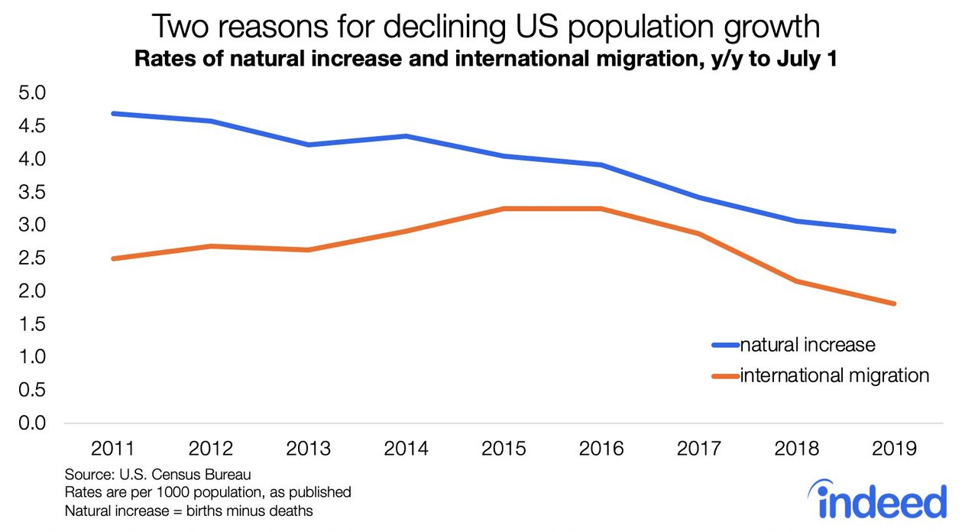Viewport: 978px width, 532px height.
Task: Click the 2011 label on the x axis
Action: click(x=113, y=449)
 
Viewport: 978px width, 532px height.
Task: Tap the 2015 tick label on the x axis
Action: click(x=504, y=449)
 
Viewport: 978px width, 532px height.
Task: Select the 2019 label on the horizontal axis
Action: click(x=893, y=449)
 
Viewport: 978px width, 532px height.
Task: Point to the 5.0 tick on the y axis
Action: click(x=31, y=93)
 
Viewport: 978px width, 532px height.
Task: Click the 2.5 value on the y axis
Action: click(x=31, y=258)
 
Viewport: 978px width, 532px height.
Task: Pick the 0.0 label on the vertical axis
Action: click(x=31, y=423)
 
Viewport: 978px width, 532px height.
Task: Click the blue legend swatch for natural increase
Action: click(x=725, y=345)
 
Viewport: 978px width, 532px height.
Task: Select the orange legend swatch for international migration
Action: click(x=725, y=376)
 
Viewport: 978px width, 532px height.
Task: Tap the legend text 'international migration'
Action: click(x=834, y=376)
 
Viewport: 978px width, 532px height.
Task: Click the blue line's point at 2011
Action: click(x=113, y=114)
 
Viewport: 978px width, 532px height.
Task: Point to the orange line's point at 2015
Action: click(x=504, y=209)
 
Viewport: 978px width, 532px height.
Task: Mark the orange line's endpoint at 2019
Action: click(x=893, y=304)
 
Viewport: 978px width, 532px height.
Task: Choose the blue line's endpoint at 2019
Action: click(x=893, y=231)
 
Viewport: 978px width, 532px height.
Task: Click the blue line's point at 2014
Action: click(x=406, y=136)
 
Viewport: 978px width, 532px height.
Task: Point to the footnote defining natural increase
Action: click(x=189, y=511)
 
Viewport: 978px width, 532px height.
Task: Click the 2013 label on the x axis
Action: click(x=308, y=449)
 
